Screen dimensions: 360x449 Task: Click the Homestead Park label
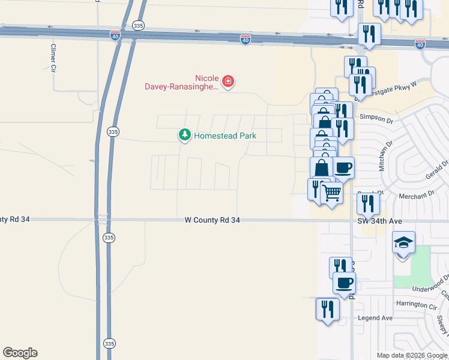pos(225,136)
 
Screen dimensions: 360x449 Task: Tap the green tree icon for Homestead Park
pos(185,136)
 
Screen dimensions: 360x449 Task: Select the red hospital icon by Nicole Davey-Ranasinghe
pos(228,81)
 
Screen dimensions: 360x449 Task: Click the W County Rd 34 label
pos(212,221)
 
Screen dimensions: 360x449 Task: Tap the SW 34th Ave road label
pos(379,221)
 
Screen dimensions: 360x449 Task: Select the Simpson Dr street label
pos(376,119)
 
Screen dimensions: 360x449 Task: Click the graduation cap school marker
pos(403,242)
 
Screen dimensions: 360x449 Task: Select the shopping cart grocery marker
pos(332,193)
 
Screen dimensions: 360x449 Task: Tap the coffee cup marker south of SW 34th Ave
pos(344,282)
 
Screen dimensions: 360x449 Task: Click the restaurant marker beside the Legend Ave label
pos(327,309)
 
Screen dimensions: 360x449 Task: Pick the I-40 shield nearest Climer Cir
pos(115,36)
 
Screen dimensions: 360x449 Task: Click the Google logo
pos(20,353)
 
